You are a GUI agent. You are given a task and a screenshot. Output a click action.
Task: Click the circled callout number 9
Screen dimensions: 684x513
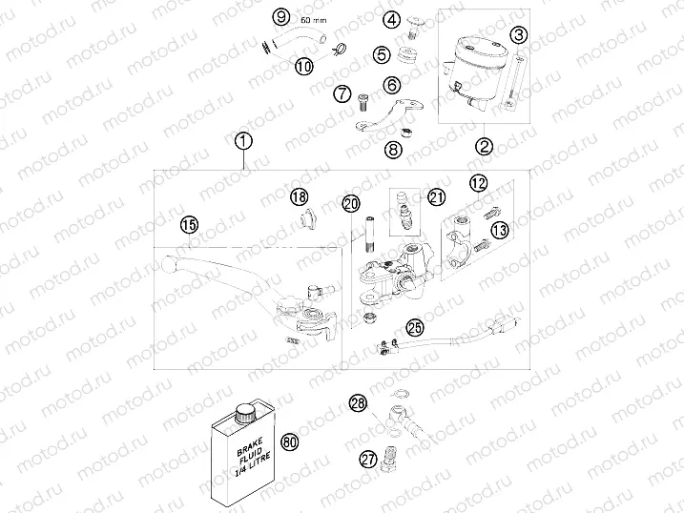pos(281,17)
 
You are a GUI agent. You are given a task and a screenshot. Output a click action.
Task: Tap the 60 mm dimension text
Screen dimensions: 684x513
pos(314,20)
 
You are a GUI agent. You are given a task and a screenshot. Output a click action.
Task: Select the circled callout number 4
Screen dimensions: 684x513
pos(392,19)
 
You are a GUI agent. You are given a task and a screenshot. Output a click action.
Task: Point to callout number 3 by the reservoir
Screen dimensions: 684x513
pos(519,34)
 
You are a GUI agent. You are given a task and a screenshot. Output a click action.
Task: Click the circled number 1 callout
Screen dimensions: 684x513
pos(243,141)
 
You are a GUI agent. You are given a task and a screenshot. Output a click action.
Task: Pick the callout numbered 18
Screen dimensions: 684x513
pos(300,196)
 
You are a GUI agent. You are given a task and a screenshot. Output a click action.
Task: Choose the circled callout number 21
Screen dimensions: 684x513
pos(437,197)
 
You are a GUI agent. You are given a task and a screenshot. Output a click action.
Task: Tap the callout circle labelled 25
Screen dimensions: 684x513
pos(415,327)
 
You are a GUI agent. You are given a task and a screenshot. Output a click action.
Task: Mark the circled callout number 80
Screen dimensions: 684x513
pos(290,442)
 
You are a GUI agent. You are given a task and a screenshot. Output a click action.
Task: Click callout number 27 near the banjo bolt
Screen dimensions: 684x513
pos(368,459)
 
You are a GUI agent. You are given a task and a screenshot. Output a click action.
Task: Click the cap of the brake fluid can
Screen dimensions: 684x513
pos(245,413)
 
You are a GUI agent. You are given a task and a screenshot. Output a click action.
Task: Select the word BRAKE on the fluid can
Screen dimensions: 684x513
pos(246,446)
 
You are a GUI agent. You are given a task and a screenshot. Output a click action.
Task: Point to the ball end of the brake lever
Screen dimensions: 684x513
pos(169,263)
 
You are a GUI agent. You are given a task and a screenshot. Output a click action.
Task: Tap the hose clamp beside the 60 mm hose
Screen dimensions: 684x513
pos(339,51)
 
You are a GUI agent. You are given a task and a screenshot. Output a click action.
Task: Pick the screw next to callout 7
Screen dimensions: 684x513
pos(363,102)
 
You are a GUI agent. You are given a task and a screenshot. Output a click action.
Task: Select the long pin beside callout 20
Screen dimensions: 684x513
pos(370,234)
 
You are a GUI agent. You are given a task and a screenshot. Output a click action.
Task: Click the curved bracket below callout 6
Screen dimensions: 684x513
pos(388,114)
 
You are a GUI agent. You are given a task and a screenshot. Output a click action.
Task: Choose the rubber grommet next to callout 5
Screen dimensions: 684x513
pos(407,54)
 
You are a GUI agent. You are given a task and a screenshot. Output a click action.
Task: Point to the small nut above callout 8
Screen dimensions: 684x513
pos(407,132)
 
